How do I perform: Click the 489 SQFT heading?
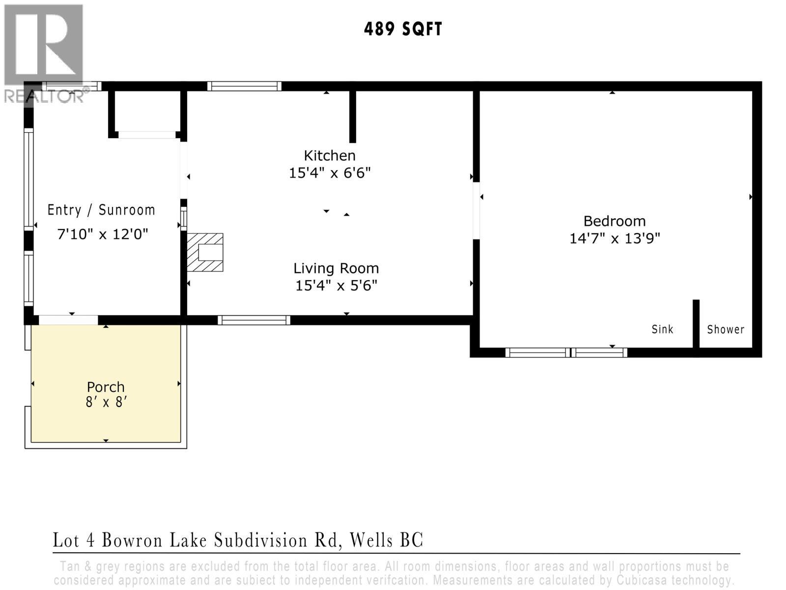pos(403,29)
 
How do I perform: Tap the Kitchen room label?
pos(330,156)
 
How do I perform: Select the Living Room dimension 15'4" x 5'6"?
pos(336,286)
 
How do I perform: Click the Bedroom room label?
pos(614,221)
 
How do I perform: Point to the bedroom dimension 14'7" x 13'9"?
pos(614,239)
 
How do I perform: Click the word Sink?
pos(662,329)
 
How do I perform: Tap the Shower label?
pos(725,329)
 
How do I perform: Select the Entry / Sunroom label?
pos(101,210)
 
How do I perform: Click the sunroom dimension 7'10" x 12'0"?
pos(103,234)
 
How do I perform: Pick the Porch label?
pos(106,387)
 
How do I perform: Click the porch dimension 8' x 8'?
pos(106,402)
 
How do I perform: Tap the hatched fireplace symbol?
pos(205,252)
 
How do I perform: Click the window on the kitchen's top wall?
pos(244,87)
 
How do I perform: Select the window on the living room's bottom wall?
pos(254,321)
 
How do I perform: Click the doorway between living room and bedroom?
pos(476,210)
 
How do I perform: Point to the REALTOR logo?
pos(44,54)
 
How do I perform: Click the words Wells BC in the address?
pos(386,540)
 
